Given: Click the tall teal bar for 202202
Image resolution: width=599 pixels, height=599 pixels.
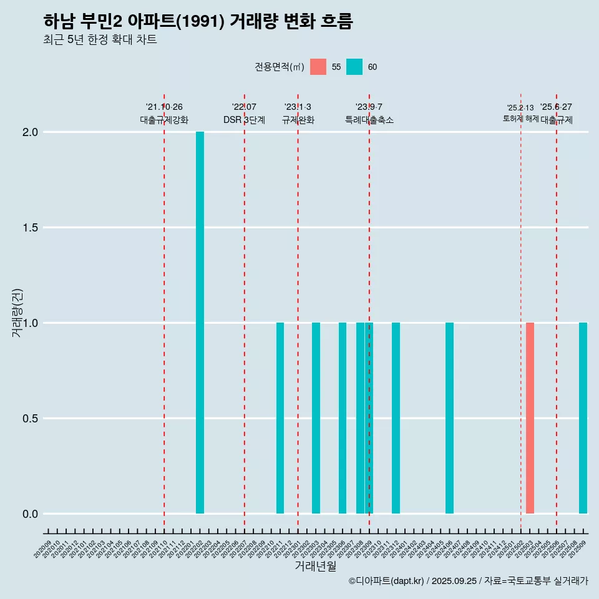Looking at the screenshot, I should pos(200,323).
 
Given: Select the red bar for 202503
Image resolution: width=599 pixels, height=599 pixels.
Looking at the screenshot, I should pos(530,418).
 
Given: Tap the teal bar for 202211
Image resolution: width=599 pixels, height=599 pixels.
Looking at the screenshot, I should pos(280,418).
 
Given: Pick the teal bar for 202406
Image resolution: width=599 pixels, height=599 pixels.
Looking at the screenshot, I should pos(449,418).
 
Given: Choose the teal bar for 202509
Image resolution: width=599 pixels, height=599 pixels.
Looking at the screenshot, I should pos(583,418).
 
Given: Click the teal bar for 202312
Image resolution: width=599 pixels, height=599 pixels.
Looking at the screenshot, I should pos(396,418).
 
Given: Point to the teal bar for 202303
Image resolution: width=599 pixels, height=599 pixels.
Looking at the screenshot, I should pos(316,418).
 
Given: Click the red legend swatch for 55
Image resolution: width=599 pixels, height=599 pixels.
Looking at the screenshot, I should pos(318,67).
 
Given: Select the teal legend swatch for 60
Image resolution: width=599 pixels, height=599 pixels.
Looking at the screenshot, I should pos(354,67).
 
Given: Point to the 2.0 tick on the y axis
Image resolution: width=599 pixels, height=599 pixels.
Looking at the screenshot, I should pos(31,132).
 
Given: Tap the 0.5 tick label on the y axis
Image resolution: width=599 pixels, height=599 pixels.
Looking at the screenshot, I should pos(31,419).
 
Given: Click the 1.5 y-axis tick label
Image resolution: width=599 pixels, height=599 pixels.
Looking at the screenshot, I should pos(31,228).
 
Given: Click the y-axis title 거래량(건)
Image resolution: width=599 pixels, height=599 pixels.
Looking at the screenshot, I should pos(17,312).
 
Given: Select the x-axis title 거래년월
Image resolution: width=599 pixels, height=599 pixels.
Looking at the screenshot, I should pos(315,566).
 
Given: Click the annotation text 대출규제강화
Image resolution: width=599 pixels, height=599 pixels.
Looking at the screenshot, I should pos(163,120).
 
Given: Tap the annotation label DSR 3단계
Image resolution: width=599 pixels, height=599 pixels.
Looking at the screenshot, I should pos(244,120).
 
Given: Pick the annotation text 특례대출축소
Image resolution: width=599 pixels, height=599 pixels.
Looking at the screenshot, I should pos(369,120).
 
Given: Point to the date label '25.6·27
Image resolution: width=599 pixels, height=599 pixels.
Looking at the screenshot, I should pos(556,107).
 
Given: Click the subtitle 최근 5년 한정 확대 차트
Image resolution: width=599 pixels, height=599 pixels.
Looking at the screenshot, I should pos(100,40).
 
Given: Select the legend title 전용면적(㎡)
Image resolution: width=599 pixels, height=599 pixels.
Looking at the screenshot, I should pos(279,67).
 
